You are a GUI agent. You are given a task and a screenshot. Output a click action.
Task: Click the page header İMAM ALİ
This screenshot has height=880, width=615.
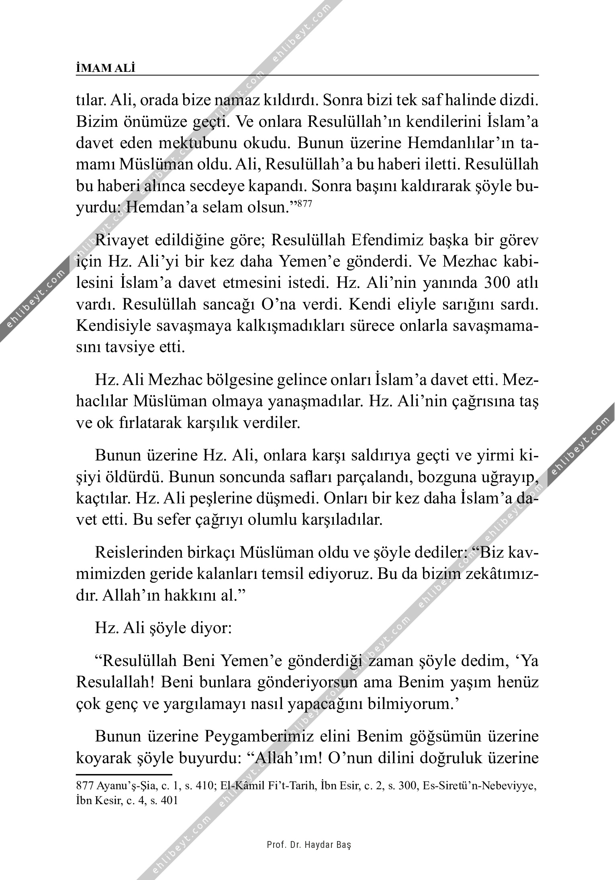[105, 68]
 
